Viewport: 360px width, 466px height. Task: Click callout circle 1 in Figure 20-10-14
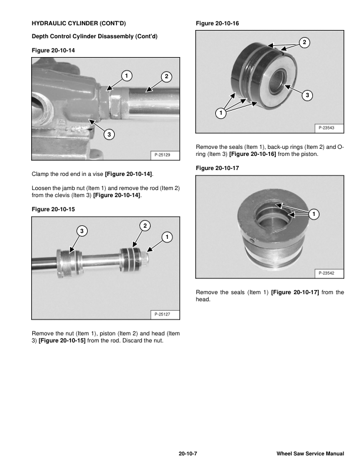[125, 75]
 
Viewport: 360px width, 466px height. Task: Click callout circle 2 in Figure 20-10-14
[166, 76]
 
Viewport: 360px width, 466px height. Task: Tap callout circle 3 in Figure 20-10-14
[109, 135]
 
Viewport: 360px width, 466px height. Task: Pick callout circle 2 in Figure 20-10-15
[145, 226]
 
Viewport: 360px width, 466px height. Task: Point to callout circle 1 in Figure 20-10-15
[168, 237]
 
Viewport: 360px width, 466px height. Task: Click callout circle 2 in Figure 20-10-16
[304, 42]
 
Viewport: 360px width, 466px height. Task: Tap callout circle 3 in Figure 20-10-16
[308, 95]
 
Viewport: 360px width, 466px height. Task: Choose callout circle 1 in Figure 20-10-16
[221, 113]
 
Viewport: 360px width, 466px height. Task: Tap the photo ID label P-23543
[326, 128]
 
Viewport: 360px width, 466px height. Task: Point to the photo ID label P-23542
[326, 273]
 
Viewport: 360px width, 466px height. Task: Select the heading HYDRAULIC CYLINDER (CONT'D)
[78, 24]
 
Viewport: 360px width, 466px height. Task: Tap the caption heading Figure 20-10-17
[217, 168]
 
